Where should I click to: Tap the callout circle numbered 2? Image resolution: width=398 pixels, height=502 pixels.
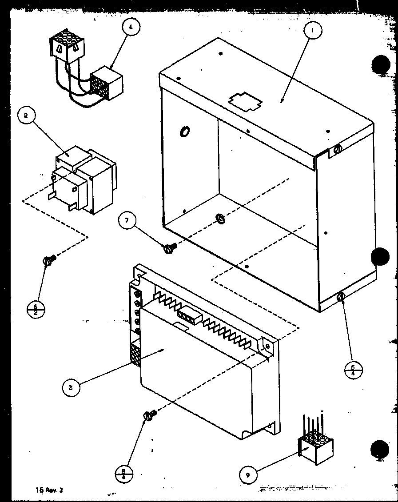click(x=26, y=116)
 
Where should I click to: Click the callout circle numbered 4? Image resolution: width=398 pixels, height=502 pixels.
click(x=130, y=28)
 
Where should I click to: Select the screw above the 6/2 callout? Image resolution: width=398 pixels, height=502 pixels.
click(x=49, y=260)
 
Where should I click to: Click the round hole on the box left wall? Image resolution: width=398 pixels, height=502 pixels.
click(x=184, y=131)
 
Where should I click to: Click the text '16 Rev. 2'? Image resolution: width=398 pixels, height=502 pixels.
click(x=50, y=490)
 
